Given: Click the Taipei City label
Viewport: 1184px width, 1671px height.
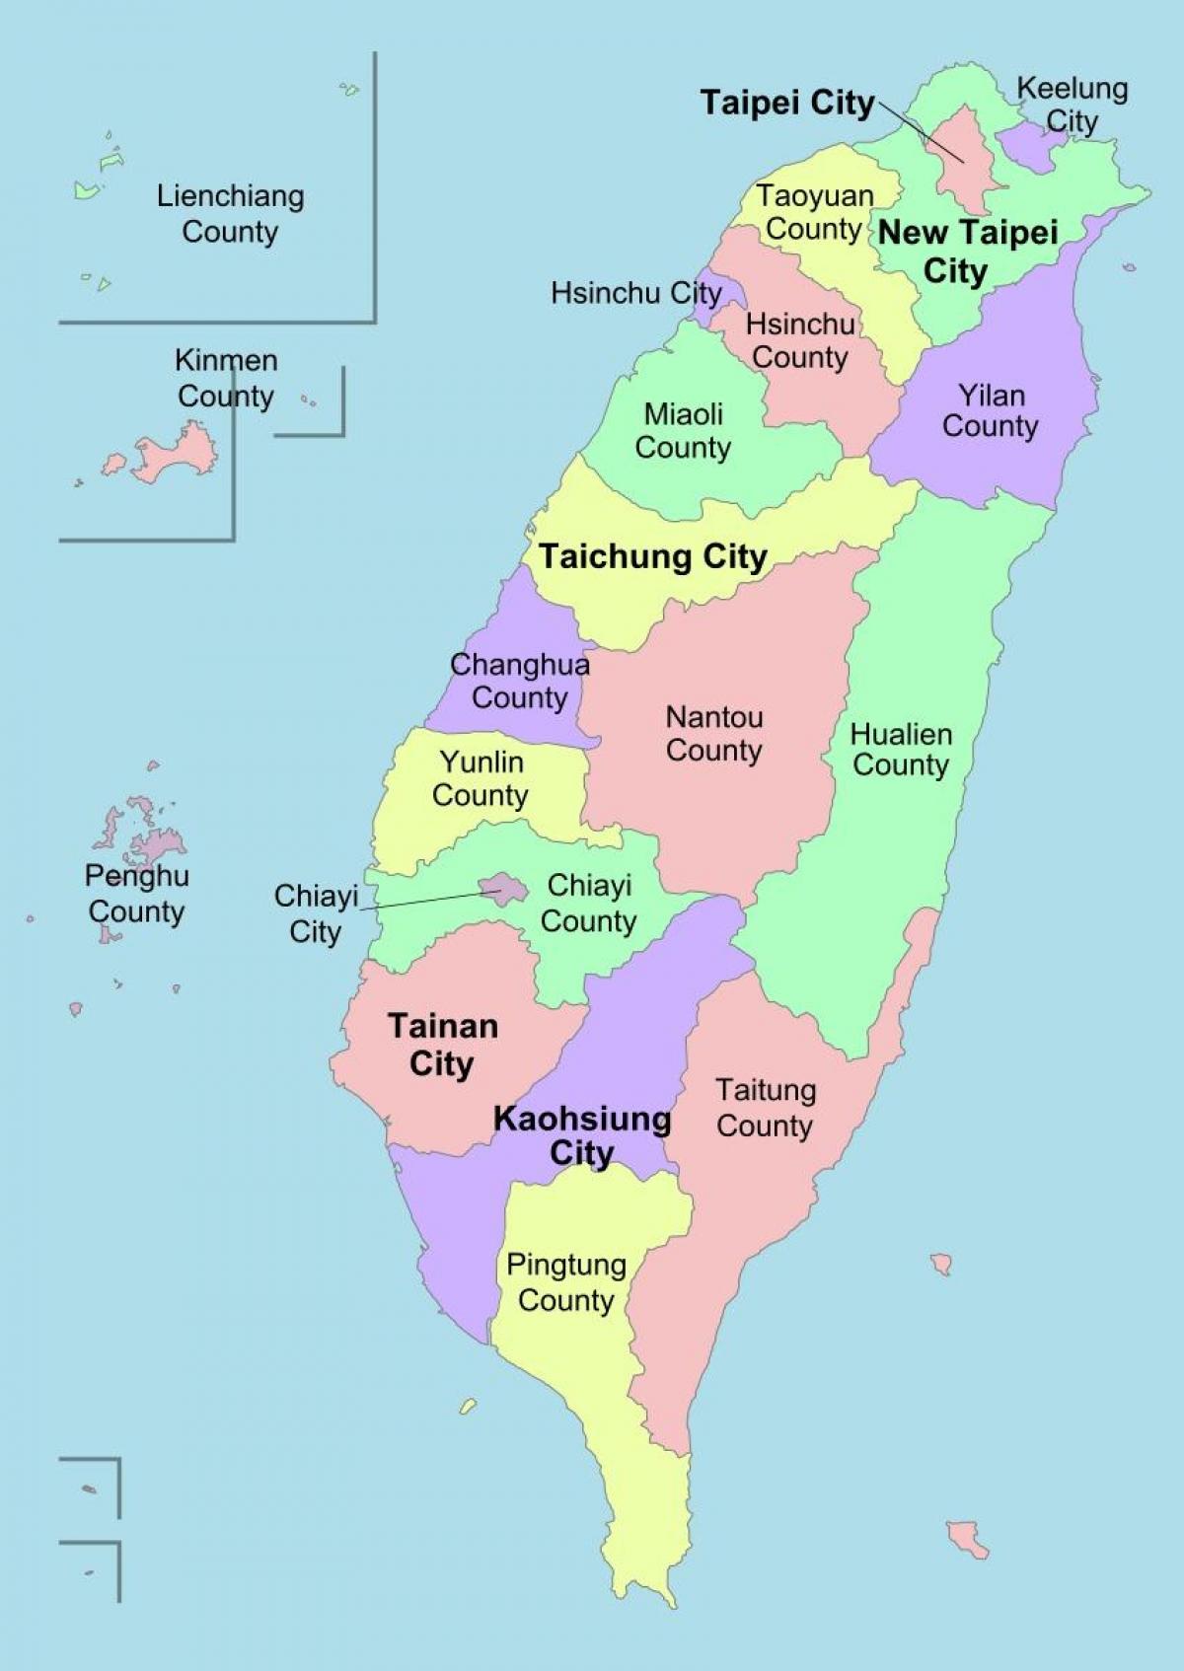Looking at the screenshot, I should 786,103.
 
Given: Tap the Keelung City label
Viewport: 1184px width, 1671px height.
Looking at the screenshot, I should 1073,105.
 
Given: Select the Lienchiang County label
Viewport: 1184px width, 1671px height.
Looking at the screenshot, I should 230,214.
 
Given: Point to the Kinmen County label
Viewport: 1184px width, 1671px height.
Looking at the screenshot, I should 226,378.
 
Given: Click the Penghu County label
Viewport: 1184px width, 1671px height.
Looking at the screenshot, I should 136,894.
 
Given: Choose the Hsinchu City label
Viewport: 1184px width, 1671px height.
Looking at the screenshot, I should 635,293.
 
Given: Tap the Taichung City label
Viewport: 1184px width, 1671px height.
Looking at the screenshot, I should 652,556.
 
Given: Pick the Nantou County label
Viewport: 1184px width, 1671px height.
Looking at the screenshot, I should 714,734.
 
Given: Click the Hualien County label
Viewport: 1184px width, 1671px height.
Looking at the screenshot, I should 901,750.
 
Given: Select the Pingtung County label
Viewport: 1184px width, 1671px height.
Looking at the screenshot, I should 566,1282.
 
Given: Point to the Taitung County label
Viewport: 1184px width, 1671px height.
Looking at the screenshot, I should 766,1108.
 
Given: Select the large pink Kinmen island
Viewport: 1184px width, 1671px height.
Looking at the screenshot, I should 178,454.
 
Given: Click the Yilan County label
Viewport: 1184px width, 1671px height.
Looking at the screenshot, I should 991,410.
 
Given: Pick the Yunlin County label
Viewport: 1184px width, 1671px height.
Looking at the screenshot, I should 481,778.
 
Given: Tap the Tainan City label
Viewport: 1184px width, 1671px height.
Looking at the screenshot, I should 442,1046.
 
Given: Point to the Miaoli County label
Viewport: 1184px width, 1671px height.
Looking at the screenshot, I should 683,431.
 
